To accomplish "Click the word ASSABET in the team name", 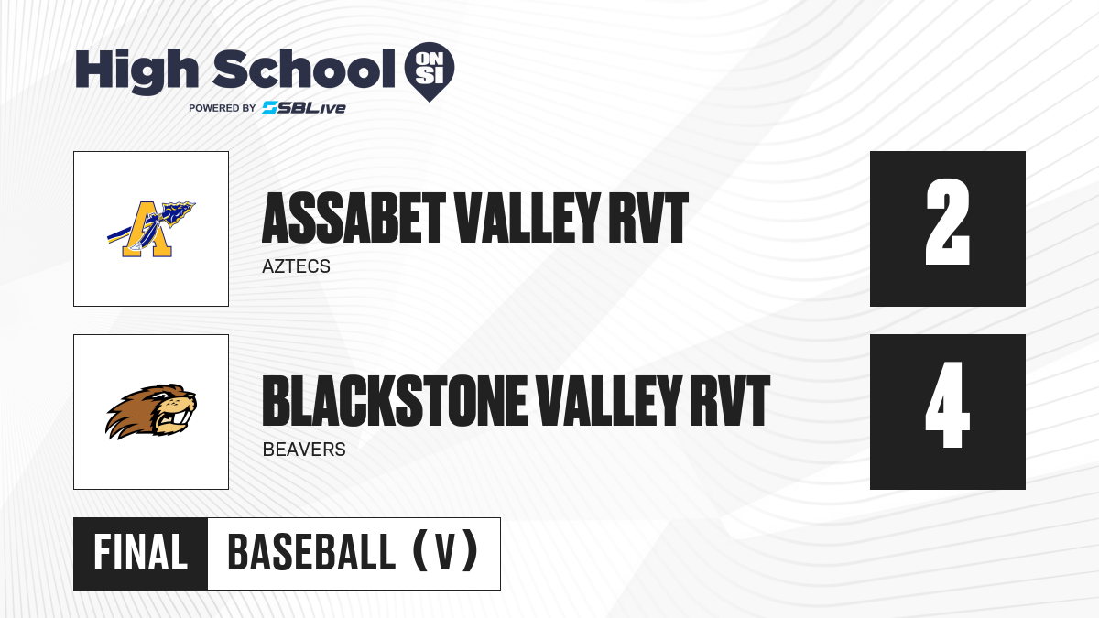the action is click(x=354, y=218).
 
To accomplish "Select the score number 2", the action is click(x=947, y=222).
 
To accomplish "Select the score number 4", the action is click(x=947, y=405).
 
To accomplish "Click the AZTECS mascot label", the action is click(x=296, y=266).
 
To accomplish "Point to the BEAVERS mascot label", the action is click(x=304, y=450).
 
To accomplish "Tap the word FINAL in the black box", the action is click(x=140, y=553).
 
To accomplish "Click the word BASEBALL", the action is click(x=311, y=553).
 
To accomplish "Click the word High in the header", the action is click(x=136, y=70).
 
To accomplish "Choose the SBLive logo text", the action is click(x=304, y=108).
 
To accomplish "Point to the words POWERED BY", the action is click(x=223, y=108).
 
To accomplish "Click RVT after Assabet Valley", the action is click(x=648, y=218).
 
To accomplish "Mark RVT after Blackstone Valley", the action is click(x=730, y=401).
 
